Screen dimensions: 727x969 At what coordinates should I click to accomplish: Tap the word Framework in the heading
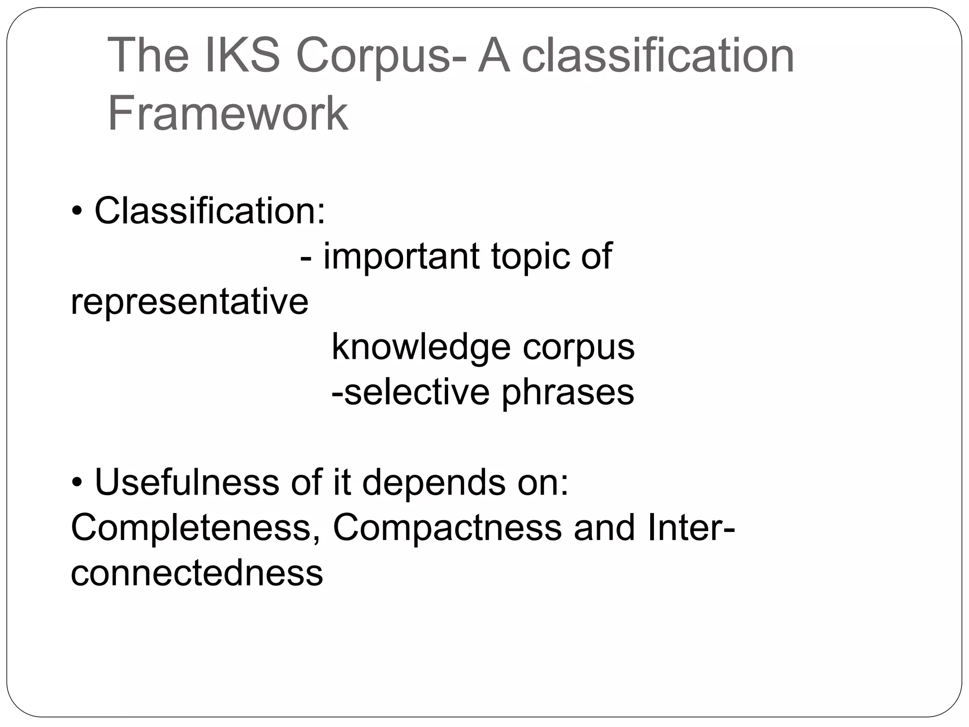(228, 114)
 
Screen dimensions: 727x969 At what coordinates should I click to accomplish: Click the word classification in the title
(658, 56)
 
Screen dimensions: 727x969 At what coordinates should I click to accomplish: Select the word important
(401, 256)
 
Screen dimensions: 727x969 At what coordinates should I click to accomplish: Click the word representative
(189, 301)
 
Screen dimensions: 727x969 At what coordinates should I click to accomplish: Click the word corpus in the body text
(578, 347)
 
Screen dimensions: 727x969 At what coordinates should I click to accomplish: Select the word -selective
(410, 392)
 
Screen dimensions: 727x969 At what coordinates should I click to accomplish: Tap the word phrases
(567, 392)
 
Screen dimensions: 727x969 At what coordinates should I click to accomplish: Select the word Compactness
(447, 527)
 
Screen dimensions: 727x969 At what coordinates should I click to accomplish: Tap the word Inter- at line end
(691, 527)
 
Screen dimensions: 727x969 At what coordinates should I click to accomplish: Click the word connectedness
(197, 573)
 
